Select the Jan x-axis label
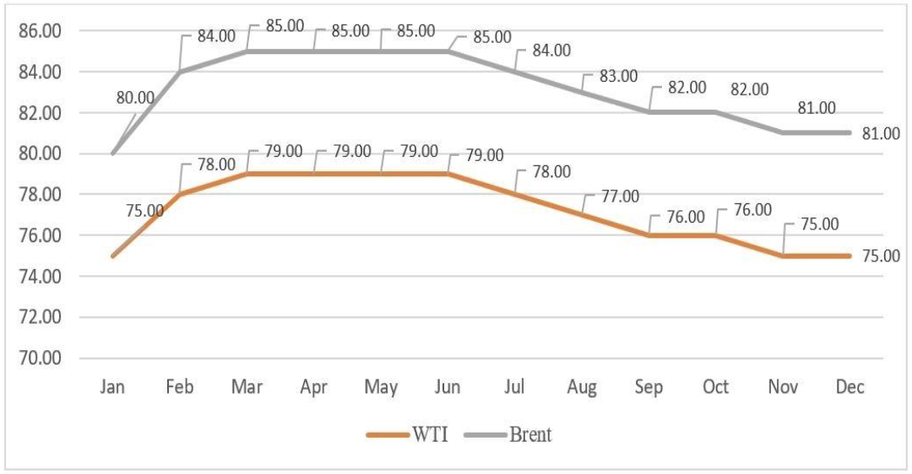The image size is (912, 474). pos(112,387)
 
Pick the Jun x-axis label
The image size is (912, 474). pos(448,387)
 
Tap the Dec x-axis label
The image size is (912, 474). pos(850,387)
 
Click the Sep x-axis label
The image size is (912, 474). pos(649,387)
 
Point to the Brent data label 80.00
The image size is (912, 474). pos(135,98)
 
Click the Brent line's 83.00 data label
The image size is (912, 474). pos(619,76)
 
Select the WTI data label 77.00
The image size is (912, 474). pos(619,197)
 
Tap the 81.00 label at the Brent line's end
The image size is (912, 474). pos(881,133)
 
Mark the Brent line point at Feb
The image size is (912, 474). pos(180,72)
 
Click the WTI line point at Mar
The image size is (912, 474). pos(247,174)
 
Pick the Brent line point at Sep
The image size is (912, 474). pos(649,112)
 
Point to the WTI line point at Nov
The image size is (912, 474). pos(783,256)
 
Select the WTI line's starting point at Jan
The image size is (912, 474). pos(112,256)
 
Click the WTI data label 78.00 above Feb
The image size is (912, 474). pos(216,164)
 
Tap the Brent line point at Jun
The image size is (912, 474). pos(448,51)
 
